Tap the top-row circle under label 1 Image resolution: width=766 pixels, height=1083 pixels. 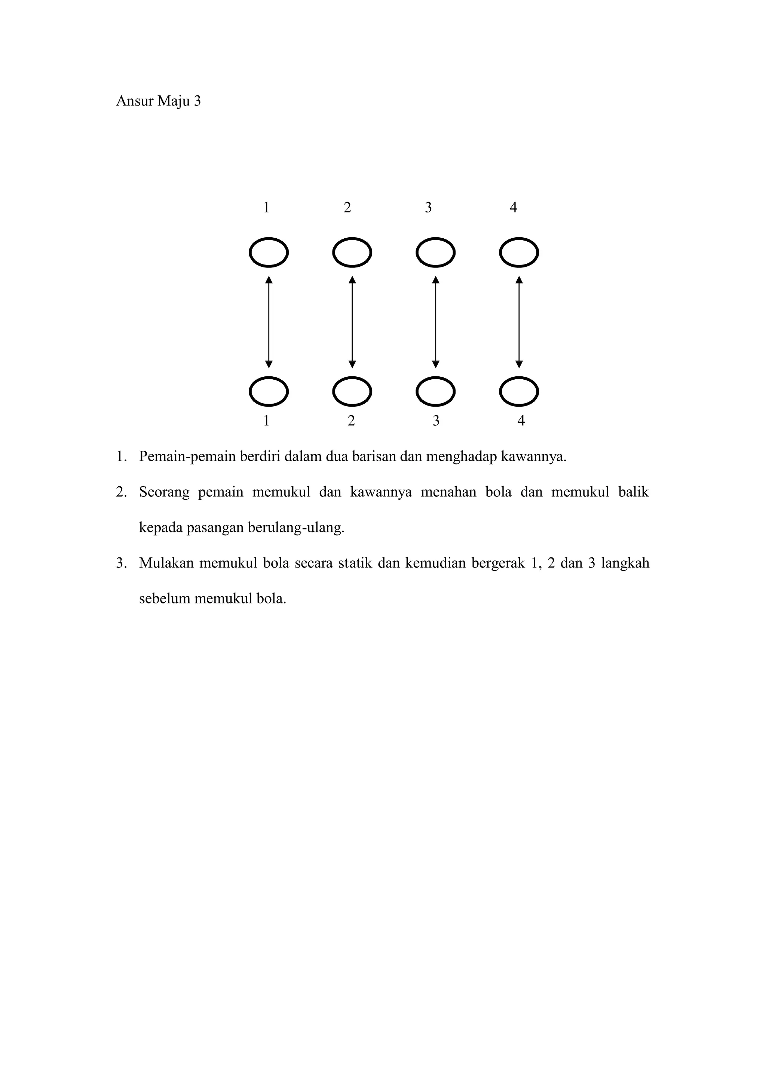coord(269,253)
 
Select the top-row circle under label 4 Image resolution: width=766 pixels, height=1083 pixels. coord(519,253)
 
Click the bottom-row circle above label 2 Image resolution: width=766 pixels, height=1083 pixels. coord(352,392)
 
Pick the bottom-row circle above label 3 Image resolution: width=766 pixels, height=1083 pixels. coord(435,392)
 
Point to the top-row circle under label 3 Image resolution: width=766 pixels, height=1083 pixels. coord(435,253)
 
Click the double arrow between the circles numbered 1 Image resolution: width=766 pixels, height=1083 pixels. coord(269,322)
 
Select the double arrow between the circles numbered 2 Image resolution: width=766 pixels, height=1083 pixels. coord(352,322)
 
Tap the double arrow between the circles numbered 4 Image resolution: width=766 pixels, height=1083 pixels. coord(519,322)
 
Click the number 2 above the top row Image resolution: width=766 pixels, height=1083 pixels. coord(347,208)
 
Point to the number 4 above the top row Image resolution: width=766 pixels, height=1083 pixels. coord(514,208)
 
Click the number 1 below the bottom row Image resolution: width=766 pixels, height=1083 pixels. coord(267,421)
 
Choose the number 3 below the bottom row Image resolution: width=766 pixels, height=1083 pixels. coord(436,421)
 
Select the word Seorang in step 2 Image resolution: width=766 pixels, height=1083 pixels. coord(164,492)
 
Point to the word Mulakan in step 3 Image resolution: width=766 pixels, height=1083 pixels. coord(166,563)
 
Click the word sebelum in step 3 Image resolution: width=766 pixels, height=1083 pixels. coord(164,599)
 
